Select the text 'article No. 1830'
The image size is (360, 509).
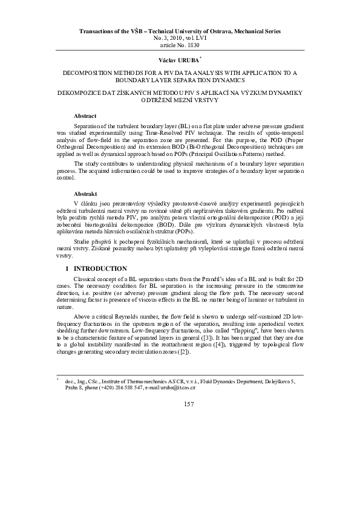[180, 45]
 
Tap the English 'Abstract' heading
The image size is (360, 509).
[85, 115]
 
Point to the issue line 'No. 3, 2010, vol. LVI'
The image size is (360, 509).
[180, 37]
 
